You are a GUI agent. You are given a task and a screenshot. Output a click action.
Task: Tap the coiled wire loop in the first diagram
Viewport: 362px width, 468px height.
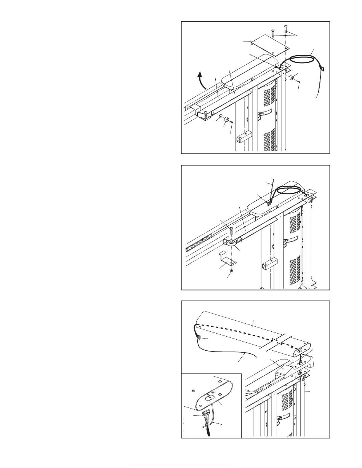[x=301, y=61]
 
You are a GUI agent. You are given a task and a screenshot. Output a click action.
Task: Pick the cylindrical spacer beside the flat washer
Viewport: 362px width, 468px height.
[x=226, y=121]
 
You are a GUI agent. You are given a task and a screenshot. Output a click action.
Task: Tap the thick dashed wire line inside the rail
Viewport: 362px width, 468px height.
[x=244, y=332]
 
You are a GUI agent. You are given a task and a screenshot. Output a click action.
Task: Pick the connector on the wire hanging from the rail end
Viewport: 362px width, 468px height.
[x=199, y=336]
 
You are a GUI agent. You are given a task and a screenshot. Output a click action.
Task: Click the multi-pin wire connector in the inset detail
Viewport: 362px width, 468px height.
[x=206, y=413]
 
